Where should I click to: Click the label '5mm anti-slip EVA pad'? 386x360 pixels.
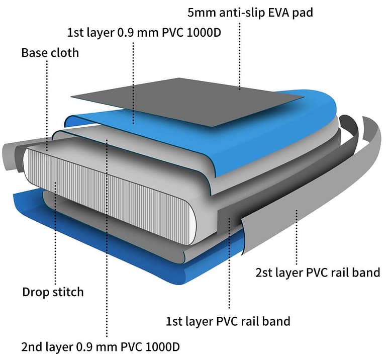[x=250, y=13]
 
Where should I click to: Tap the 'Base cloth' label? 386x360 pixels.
[x=50, y=53]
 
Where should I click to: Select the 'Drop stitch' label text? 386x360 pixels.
[x=53, y=292]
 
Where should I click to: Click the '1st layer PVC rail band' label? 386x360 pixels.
[x=228, y=321]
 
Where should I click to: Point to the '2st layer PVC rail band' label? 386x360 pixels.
[x=318, y=273]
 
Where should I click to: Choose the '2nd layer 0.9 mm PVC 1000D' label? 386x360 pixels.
[x=101, y=347]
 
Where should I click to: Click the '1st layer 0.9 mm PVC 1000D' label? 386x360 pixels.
[x=144, y=33]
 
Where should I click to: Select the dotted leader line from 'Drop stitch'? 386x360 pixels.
[x=55, y=233]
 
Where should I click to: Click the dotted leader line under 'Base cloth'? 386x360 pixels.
[x=47, y=106]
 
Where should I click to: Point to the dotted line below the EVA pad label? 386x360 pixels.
[x=239, y=56]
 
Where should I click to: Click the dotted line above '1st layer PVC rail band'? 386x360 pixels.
[x=229, y=263]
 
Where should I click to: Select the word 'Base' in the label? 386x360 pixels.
[x=34, y=53]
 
